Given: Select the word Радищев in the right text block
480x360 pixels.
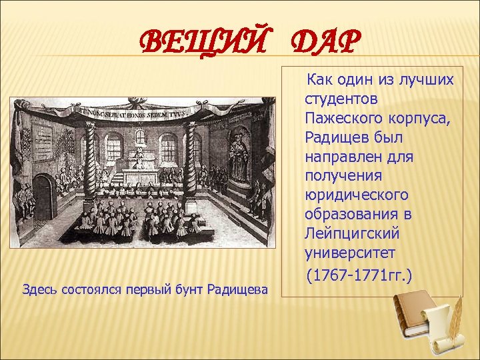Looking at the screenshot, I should click(331, 137).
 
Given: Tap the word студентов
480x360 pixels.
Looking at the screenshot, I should click(332, 99).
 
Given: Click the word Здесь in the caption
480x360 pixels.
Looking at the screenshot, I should click(39, 289).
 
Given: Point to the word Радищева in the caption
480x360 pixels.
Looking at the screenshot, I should click(237, 289).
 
